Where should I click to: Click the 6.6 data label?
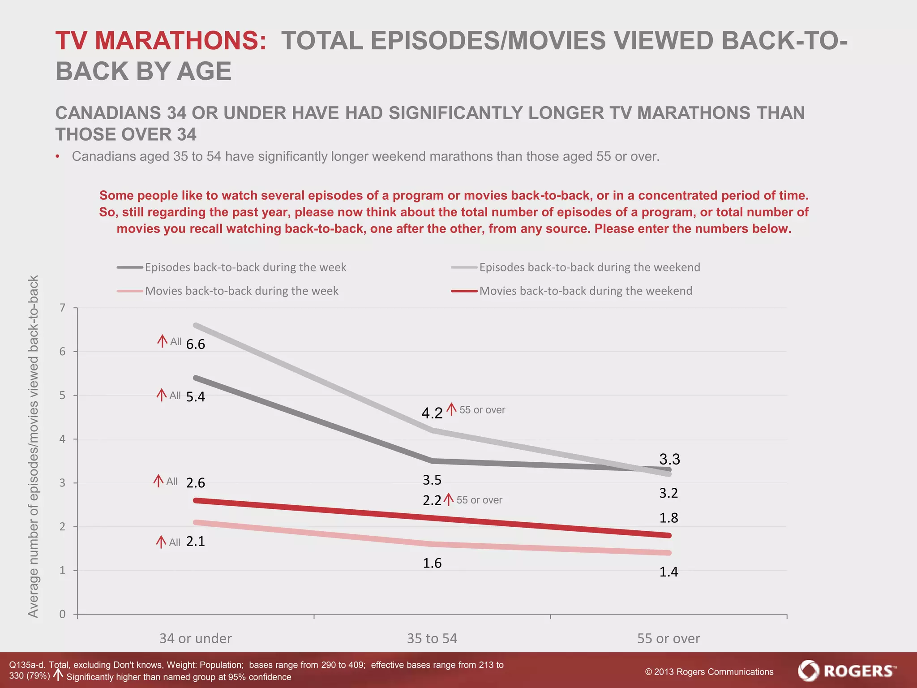point(196,344)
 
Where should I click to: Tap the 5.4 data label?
point(196,397)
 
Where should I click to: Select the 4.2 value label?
point(432,413)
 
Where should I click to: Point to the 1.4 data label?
point(668,572)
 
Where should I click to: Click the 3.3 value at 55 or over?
point(669,459)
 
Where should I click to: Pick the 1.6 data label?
point(432,563)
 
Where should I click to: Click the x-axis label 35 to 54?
point(432,638)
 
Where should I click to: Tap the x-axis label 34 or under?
point(196,638)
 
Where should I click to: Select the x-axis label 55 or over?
point(668,638)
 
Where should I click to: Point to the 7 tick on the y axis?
point(63,308)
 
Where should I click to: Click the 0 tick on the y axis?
point(63,614)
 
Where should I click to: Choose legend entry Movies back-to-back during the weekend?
point(585,291)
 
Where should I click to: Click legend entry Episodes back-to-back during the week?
point(245,267)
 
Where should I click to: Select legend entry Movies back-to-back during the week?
point(241,291)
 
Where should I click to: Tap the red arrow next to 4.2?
point(452,409)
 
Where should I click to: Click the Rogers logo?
point(847,671)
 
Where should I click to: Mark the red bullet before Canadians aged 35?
point(58,157)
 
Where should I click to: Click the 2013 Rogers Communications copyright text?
point(709,672)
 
